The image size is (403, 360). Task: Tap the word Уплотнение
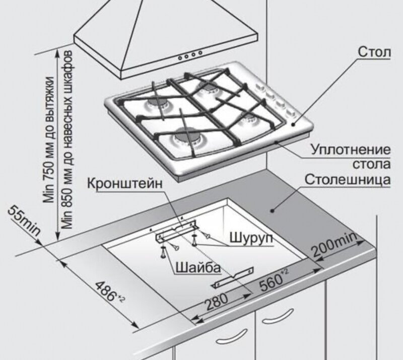(x=351, y=150)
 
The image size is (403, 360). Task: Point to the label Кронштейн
(x=125, y=183)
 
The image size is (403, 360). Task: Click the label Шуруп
(x=250, y=237)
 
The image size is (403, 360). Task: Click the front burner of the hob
(x=188, y=138)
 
